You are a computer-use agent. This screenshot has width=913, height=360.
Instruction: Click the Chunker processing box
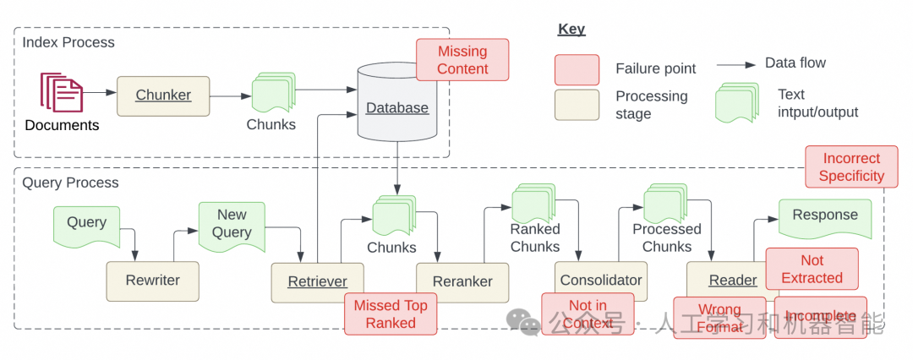(x=163, y=95)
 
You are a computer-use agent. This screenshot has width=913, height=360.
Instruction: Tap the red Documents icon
(x=62, y=93)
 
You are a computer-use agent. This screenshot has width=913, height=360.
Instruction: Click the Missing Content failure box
(x=462, y=60)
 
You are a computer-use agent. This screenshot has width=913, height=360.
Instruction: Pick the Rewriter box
(x=154, y=281)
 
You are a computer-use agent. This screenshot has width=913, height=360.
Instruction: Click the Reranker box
(x=462, y=281)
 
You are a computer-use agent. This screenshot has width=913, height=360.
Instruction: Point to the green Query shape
(x=87, y=223)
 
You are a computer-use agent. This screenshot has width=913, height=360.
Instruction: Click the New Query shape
(x=232, y=225)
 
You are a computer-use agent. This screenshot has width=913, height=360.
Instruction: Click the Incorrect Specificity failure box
(x=851, y=167)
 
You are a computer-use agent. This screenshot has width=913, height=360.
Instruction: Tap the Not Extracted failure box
(x=812, y=269)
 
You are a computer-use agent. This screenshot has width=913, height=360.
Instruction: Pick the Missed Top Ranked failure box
(x=391, y=314)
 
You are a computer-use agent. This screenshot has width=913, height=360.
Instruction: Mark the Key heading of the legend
(x=571, y=30)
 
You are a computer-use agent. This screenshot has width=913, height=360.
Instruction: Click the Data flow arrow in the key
(x=735, y=64)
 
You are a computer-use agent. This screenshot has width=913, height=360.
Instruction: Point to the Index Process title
(x=68, y=41)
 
